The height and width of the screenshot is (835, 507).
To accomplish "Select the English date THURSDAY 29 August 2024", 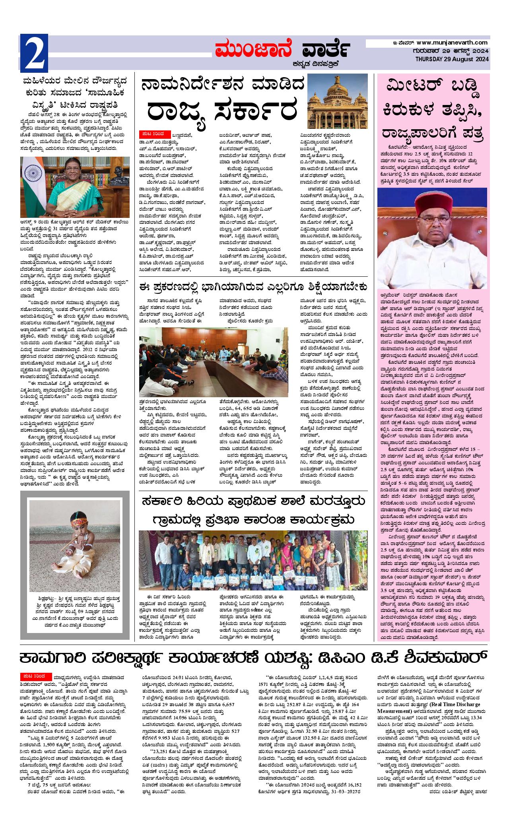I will point(452,59).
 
